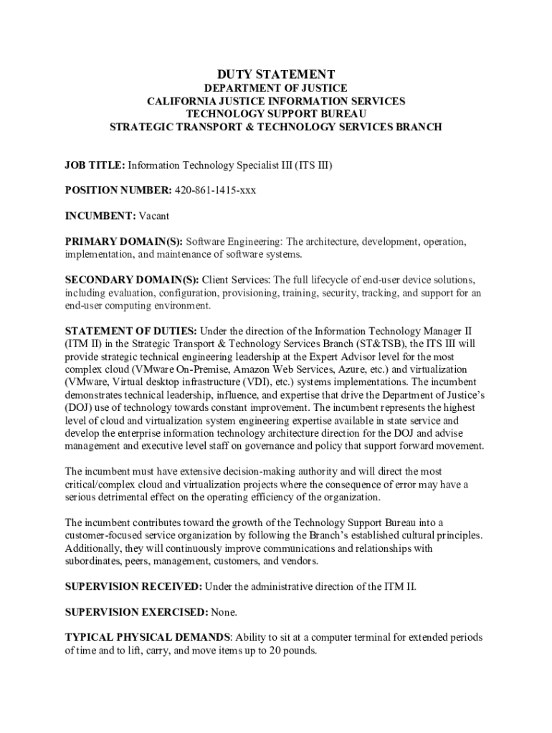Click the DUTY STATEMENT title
coord(276,74)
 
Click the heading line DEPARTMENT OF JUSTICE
coord(276,88)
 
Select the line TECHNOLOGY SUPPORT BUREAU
coord(276,114)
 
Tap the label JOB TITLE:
coord(95,165)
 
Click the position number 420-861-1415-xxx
coord(215,190)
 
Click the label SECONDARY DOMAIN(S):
coord(133,279)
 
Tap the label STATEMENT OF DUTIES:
coord(131,331)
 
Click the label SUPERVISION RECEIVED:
coord(133,586)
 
